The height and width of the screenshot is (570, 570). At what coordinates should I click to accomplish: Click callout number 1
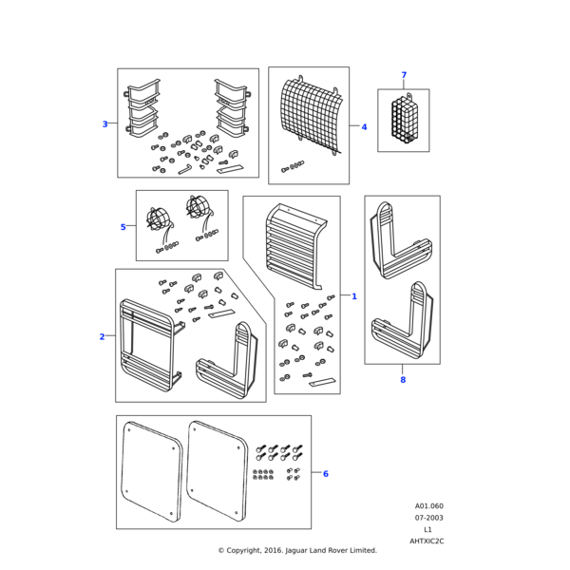(354, 296)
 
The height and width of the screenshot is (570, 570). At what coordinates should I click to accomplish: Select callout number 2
(103, 336)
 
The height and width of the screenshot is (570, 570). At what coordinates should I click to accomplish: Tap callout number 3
(104, 123)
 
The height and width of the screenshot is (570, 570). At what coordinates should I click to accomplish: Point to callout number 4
(364, 126)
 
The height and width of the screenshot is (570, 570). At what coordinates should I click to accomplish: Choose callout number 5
(123, 227)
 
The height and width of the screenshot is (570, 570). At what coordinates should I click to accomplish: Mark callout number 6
(326, 473)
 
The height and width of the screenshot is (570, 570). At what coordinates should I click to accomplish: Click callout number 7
(403, 75)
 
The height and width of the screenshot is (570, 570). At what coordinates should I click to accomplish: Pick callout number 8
(402, 379)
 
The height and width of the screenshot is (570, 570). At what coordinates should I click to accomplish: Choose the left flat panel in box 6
(152, 471)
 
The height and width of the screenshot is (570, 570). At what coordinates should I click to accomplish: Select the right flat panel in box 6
(218, 471)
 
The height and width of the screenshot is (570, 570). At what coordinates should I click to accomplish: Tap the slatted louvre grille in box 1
(295, 252)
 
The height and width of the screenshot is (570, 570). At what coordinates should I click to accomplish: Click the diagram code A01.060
(428, 506)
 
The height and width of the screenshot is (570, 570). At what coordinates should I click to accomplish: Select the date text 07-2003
(428, 518)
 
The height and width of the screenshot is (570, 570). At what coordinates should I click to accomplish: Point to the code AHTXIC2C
(427, 541)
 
